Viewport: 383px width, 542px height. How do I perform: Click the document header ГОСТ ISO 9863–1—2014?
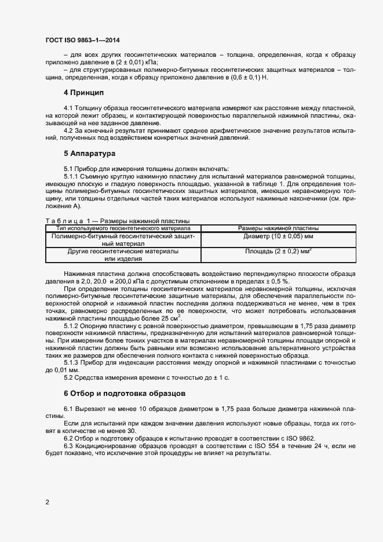pyautogui.click(x=82, y=40)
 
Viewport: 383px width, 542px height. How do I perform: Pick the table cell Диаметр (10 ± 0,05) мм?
pyautogui.click(x=278, y=237)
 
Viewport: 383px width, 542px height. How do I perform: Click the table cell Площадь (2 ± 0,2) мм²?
pyautogui.click(x=278, y=252)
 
